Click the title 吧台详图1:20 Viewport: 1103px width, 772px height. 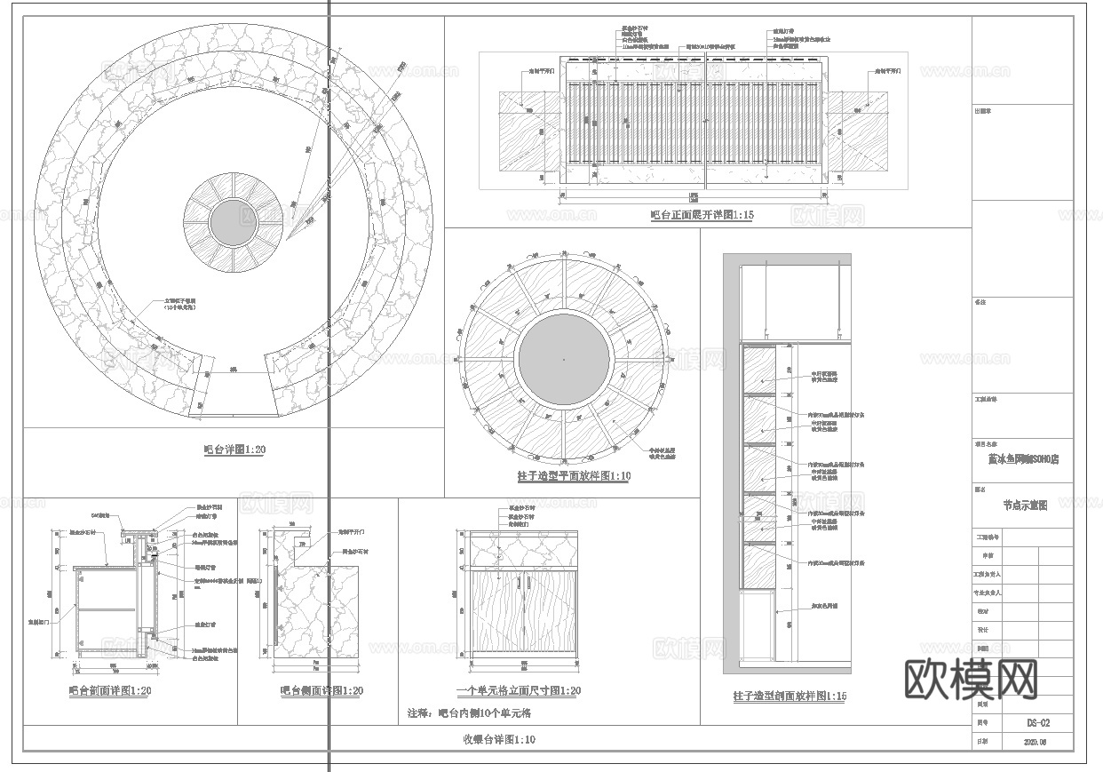pos(234,450)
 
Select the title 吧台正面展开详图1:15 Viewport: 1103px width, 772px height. pos(702,215)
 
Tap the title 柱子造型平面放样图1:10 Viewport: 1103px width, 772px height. pos(574,476)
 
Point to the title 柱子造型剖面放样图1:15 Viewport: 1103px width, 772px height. pos(790,696)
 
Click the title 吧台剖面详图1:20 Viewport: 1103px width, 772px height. pos(110,690)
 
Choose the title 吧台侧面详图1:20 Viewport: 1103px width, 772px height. pos(321,690)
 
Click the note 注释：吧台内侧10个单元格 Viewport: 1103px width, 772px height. pos(469,712)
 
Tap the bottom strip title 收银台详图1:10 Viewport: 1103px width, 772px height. pos(498,739)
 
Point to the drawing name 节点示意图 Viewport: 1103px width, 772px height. pos(1025,505)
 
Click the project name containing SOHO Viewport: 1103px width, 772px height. pos(1023,459)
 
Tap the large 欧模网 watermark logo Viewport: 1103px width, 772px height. pos(971,680)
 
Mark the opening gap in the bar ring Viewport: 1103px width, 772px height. pos(234,395)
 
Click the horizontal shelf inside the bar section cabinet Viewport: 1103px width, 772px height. pos(107,609)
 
